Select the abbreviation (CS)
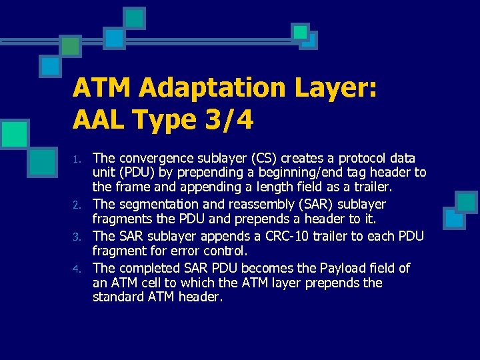click(265, 159)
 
